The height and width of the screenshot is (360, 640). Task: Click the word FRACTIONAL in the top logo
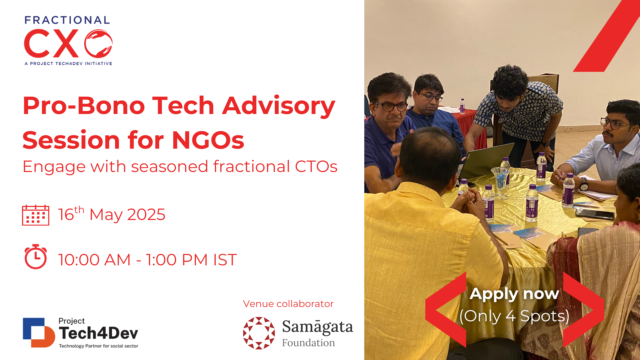[67, 20]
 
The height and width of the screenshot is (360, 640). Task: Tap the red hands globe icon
[98, 43]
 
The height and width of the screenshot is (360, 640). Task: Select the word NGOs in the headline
[208, 140]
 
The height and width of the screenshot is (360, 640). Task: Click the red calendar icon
[36, 215]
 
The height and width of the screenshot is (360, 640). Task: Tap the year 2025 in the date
[146, 214]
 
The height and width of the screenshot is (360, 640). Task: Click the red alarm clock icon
[36, 257]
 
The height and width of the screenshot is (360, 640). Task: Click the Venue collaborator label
[288, 304]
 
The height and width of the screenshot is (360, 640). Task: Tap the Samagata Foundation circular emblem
[259, 333]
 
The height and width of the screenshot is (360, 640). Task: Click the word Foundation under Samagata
[308, 343]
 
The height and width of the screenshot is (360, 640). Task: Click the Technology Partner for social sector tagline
[99, 346]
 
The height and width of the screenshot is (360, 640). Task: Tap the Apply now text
[514, 294]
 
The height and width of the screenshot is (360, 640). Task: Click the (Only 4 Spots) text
[514, 316]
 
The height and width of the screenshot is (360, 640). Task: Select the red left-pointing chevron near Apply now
[446, 310]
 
